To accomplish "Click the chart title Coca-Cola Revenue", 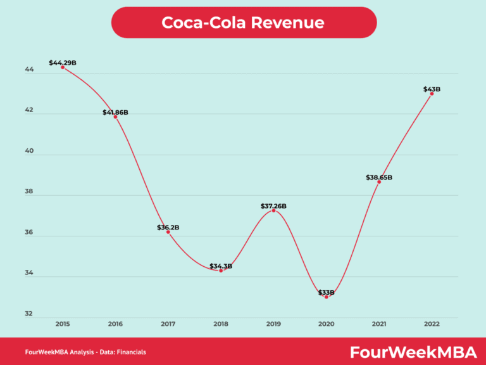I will coord(243,22).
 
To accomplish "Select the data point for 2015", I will coord(63,67).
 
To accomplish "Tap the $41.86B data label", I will coord(115,112).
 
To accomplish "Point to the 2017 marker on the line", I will coord(168,232).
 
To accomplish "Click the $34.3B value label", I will coord(221,266).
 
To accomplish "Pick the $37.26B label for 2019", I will coord(273,206).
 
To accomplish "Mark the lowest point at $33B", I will coord(327,296).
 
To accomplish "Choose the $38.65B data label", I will coord(379,177).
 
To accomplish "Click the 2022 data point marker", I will coord(432,94).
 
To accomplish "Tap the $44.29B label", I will coord(63,63).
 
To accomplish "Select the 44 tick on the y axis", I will coord(29,71).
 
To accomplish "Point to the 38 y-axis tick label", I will coord(29,193).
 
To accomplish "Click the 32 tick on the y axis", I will coord(29,314).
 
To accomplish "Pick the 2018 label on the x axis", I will coord(221,323).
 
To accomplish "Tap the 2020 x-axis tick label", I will coord(327,323).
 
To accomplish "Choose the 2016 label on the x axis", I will coord(115,323).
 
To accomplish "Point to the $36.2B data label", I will coord(168,227).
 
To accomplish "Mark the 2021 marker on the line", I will coord(379,182).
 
